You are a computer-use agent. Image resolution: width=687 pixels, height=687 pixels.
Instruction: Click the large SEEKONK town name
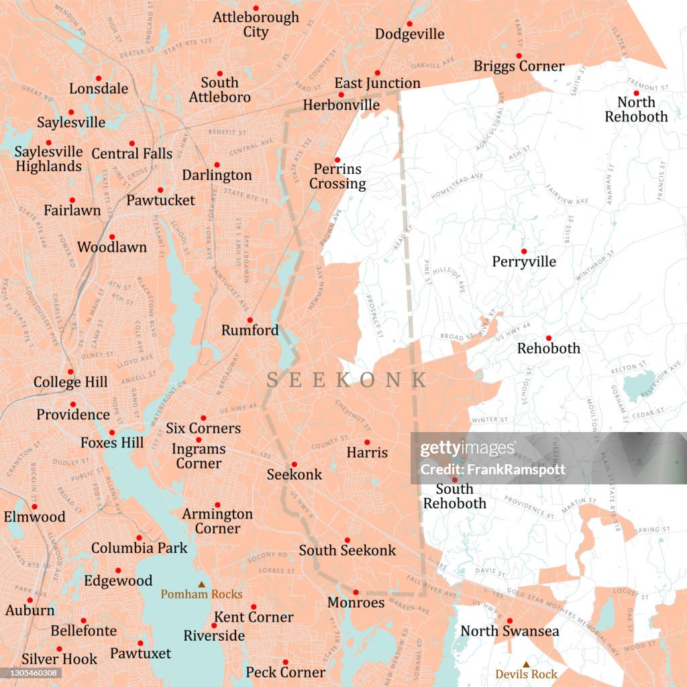tap(346, 380)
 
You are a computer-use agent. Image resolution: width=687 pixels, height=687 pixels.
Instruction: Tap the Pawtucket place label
tap(160, 200)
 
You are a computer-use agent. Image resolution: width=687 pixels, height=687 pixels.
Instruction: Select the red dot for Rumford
tap(250, 320)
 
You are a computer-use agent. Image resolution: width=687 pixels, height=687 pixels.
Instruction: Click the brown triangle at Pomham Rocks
tap(201, 584)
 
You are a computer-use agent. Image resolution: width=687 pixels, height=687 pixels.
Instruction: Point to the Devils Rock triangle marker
tap(526, 664)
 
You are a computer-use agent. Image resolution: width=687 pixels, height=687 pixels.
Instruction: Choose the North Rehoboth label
tap(636, 109)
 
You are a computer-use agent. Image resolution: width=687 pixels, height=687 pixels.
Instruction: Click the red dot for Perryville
tap(524, 252)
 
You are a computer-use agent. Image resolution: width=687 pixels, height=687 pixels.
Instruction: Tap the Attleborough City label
tap(256, 24)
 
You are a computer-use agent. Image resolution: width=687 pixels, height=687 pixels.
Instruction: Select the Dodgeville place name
tap(409, 34)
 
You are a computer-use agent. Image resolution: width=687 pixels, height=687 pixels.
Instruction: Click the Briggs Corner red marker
tap(519, 56)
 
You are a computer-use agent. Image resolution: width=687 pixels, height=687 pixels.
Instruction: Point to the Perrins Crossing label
tap(337, 176)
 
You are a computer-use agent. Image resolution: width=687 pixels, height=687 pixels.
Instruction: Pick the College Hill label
tap(70, 382)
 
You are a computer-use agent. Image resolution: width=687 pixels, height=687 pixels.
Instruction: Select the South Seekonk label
tap(348, 550)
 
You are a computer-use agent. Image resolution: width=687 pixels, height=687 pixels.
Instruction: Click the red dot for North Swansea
tap(509, 621)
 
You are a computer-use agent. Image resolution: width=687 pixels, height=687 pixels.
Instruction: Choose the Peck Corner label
tap(285, 672)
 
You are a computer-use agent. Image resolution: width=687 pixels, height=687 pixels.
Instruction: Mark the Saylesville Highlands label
tap(48, 159)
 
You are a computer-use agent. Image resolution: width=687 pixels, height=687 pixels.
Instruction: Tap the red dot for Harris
tap(367, 442)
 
